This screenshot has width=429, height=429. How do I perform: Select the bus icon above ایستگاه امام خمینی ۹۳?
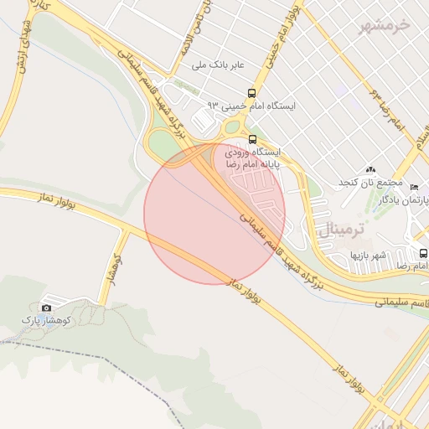[x=252, y=93]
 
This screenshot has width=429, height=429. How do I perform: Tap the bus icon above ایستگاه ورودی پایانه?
[x=252, y=139]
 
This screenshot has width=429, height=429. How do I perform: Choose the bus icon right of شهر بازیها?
[x=423, y=254]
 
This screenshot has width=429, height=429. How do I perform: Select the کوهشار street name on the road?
[x=110, y=267]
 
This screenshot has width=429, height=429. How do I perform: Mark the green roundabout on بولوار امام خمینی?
[x=232, y=128]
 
